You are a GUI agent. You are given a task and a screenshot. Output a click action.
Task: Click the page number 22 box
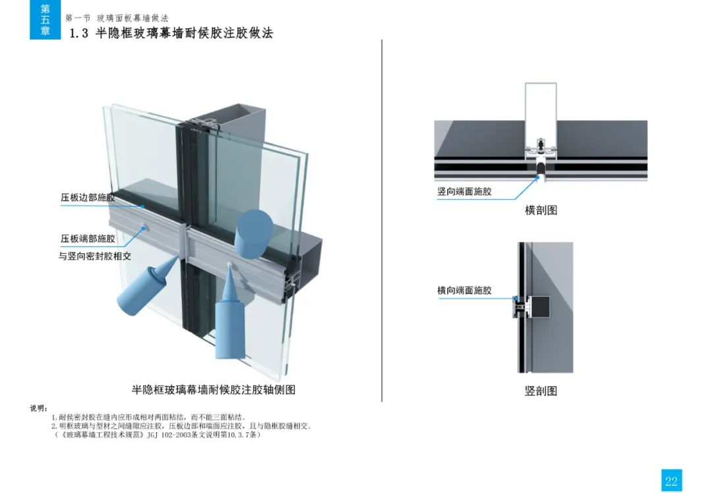coord(671,480)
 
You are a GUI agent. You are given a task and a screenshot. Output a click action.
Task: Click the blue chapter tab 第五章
coord(45,20)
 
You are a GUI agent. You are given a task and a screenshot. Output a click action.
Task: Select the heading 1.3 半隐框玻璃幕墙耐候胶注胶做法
coord(171,33)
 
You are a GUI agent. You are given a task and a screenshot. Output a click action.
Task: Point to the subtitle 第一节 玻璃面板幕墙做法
coord(117,18)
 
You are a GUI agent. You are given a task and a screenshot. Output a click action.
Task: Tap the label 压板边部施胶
coord(88,198)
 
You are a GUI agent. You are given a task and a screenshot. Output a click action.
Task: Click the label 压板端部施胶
coord(88,239)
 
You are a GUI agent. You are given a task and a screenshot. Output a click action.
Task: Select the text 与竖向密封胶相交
coord(95,256)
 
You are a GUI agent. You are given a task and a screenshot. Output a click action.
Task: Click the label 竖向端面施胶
coord(465,192)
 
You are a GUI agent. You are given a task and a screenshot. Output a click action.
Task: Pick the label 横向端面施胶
coord(465,291)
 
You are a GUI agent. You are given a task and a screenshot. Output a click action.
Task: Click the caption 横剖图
coord(541,210)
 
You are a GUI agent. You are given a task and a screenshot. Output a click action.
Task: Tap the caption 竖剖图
coord(541,391)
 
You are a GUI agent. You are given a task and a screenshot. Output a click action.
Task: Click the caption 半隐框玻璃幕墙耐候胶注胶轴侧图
coord(214,390)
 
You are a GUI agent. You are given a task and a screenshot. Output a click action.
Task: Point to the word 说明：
coord(39,409)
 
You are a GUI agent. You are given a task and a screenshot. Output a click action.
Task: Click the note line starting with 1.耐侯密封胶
coord(149,417)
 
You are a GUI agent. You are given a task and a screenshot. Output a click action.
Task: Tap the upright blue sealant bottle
coord(230,318)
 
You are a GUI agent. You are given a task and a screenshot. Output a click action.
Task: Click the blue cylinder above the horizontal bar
coord(253,233)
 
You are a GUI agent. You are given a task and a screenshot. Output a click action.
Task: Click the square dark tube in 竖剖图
coord(538,307)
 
